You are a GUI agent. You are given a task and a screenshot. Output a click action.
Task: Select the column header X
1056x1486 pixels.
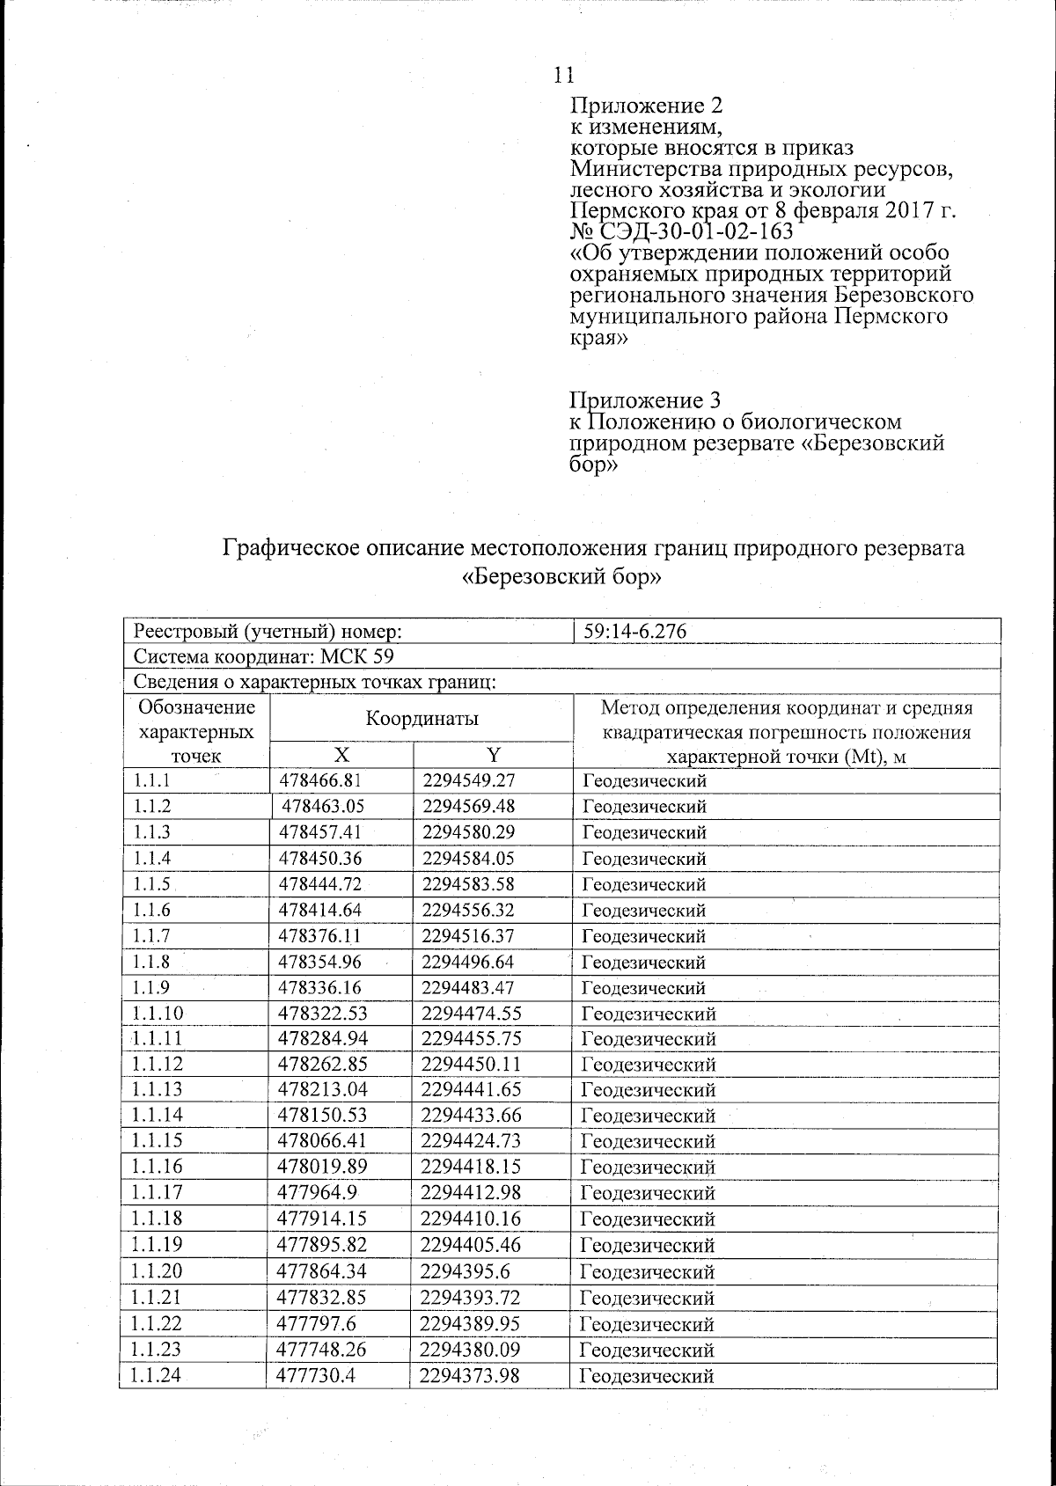click(341, 755)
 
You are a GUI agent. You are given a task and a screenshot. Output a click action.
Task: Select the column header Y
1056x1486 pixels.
click(494, 755)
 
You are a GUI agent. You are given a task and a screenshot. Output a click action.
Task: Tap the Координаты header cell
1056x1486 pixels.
click(422, 719)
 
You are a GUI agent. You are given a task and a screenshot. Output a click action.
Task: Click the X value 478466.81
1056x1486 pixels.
click(320, 780)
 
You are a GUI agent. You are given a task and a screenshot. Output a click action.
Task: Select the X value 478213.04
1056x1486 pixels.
click(320, 1090)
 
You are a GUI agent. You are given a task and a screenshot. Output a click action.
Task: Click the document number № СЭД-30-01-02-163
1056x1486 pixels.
click(682, 232)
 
